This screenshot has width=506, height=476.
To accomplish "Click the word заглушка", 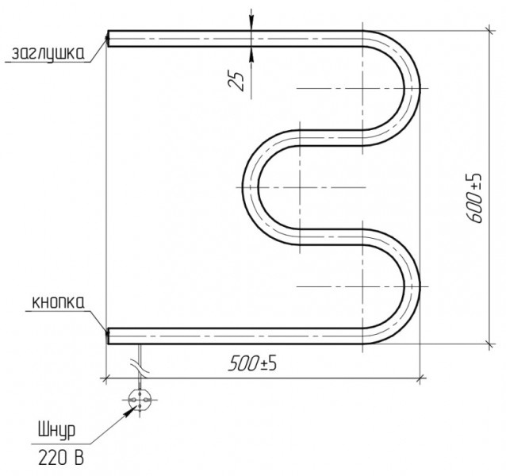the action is click(x=48, y=54).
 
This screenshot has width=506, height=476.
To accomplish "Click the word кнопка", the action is click(x=59, y=303).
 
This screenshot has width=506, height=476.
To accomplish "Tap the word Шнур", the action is click(x=57, y=431).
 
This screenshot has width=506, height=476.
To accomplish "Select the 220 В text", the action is click(x=61, y=457).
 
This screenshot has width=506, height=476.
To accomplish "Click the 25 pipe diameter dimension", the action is click(x=236, y=80).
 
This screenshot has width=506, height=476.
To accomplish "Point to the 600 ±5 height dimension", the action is click(x=474, y=198).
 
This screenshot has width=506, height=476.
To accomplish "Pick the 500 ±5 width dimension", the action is click(x=252, y=363).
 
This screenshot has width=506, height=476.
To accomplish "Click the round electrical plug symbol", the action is click(x=140, y=400).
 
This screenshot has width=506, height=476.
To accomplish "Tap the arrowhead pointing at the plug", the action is click(x=131, y=411).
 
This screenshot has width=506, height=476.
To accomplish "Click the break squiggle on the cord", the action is click(x=140, y=368).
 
